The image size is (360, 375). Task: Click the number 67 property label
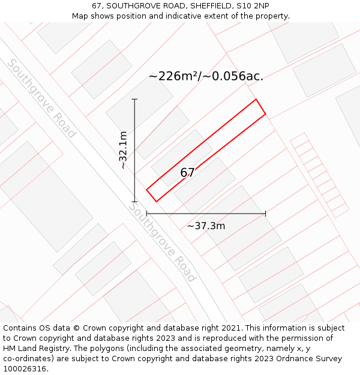point(187,173)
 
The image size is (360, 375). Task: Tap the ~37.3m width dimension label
point(206,226)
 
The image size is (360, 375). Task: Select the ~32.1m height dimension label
point(123,150)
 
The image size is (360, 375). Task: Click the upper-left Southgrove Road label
point(41,98)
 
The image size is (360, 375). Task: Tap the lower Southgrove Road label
point(162,242)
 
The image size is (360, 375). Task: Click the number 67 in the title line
point(97,6)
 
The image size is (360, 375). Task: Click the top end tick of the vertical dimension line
point(134,99)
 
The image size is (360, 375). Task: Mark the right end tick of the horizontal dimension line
point(265,213)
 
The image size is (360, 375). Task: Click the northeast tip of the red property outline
point(257,100)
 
